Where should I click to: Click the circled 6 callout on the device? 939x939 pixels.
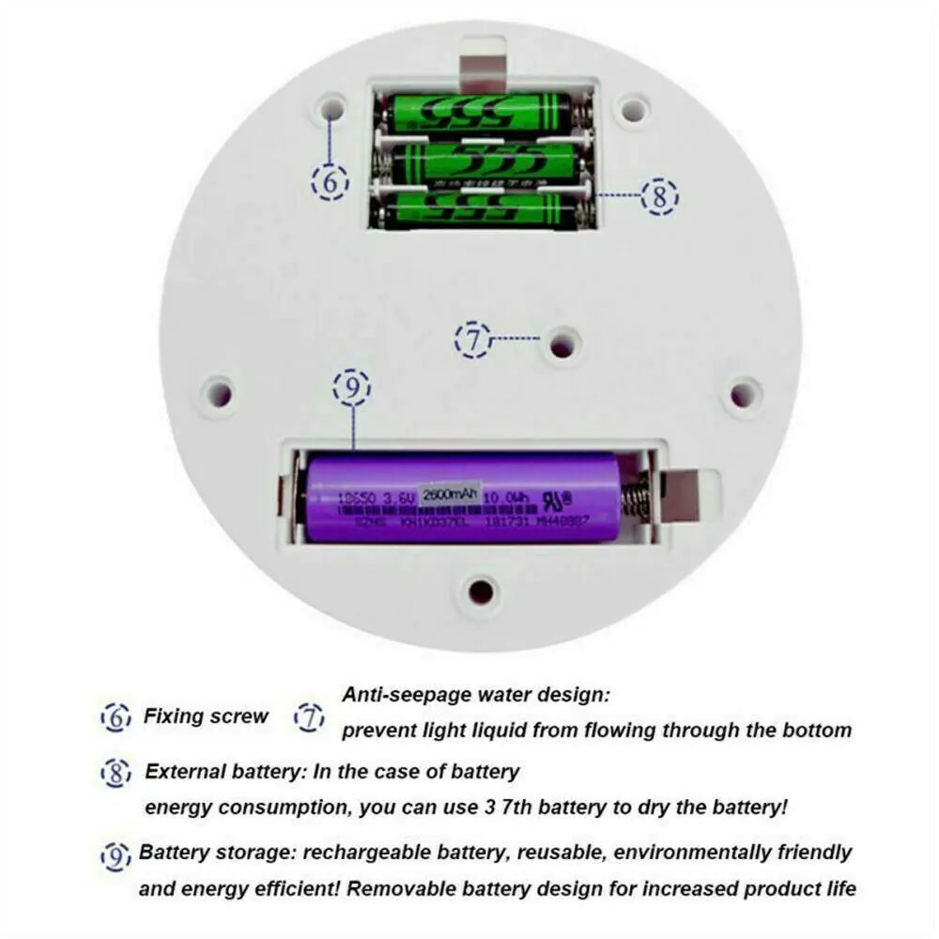[x=330, y=181]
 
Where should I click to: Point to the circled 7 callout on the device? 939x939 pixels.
[x=473, y=338]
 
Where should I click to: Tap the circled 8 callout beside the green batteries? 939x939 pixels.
[x=659, y=196]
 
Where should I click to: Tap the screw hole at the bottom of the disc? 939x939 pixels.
[x=482, y=592]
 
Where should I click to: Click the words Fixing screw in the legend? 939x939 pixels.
[x=206, y=716]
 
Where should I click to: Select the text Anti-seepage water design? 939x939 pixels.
[x=476, y=696]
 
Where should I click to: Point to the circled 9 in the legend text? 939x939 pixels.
[x=115, y=855]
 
